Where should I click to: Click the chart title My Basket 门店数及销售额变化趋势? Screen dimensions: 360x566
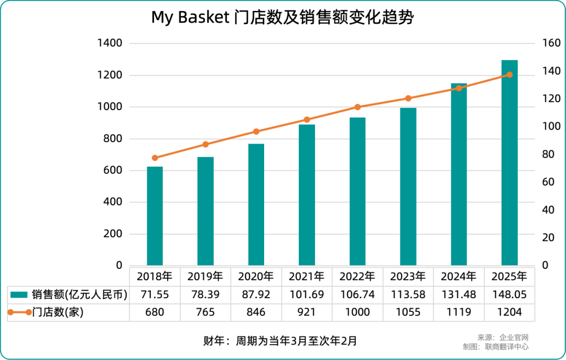pos(282,18)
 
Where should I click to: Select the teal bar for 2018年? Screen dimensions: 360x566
pos(155,216)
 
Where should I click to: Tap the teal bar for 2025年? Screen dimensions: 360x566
pos(509,162)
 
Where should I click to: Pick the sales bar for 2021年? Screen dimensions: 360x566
pos(307,194)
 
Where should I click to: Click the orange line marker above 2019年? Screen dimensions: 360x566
pos(205,144)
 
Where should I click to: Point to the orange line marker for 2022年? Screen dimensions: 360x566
pos(357,107)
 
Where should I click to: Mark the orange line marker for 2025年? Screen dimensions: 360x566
pos(509,74)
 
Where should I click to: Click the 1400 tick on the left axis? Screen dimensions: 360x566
pos(110,43)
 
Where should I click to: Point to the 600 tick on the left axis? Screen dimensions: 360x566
pos(113,170)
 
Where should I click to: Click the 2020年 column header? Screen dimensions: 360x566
pos(256,276)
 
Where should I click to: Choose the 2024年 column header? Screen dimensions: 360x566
pos(459,276)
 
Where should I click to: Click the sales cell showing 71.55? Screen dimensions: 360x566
pos(155,294)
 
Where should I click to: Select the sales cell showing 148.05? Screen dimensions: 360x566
pos(509,294)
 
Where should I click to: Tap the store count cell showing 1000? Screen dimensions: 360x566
pos(357,312)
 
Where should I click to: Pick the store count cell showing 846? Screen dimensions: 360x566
pos(256,312)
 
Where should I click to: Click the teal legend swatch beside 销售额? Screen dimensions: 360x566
pos(19,294)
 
